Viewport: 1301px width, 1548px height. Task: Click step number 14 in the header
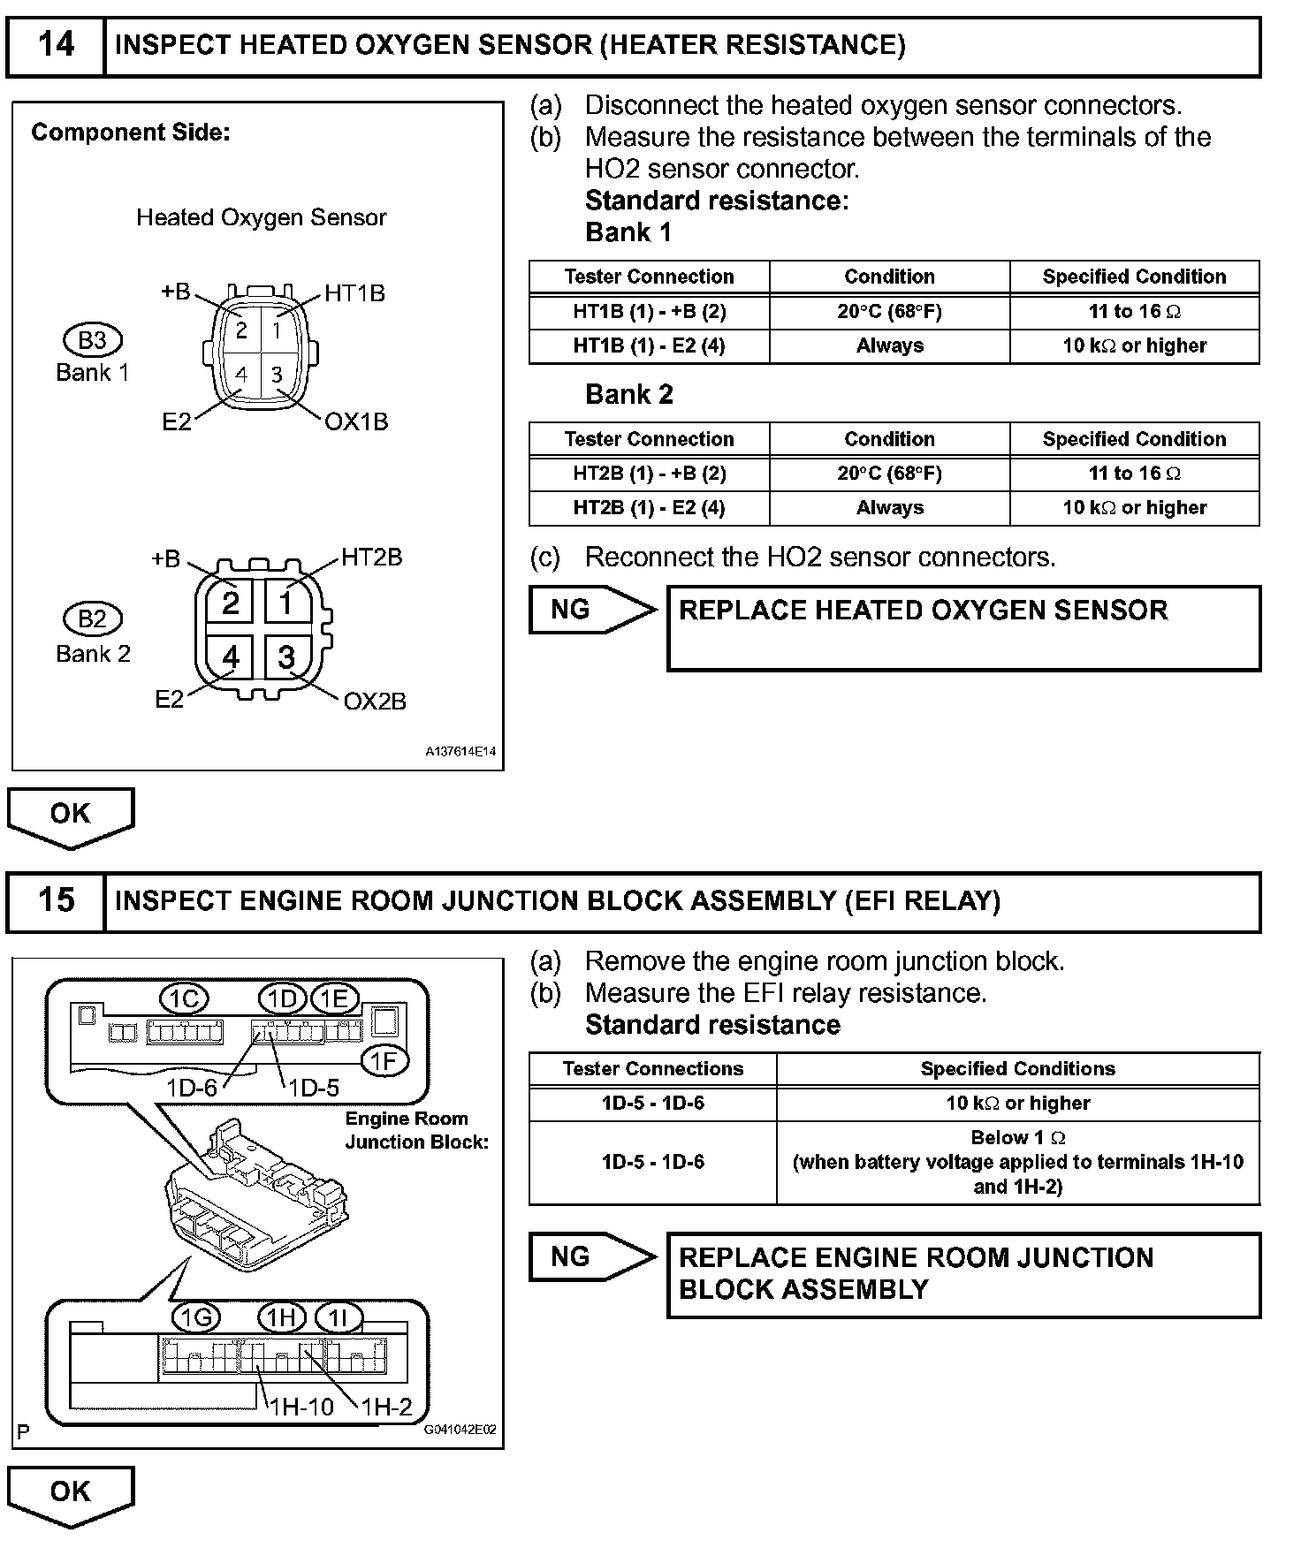click(x=56, y=44)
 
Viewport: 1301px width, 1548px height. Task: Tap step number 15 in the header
click(x=56, y=900)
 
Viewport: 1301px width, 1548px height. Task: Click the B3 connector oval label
click(x=92, y=340)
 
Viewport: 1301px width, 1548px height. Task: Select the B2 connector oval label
click(x=92, y=618)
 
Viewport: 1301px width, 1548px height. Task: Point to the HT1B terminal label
click(x=354, y=293)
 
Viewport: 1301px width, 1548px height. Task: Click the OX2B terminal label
click(x=375, y=702)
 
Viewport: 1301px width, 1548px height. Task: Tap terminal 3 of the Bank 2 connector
click(x=286, y=657)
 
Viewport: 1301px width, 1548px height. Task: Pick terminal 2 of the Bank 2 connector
click(x=231, y=603)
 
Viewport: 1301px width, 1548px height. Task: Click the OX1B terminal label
click(x=356, y=422)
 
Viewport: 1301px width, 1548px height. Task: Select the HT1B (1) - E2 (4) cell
click(x=649, y=345)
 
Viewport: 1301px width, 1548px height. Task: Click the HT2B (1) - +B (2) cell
click(x=649, y=474)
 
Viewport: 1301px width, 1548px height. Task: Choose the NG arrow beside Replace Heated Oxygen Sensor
click(x=592, y=610)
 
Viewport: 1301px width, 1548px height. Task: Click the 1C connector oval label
click(x=184, y=999)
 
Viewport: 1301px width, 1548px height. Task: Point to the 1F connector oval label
click(x=384, y=1061)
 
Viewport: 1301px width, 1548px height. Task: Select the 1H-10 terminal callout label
click(x=301, y=1408)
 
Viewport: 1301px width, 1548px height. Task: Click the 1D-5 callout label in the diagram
click(x=314, y=1088)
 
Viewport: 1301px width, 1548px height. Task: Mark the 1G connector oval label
click(x=196, y=1319)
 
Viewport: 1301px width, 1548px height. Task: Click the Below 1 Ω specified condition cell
click(x=1017, y=1162)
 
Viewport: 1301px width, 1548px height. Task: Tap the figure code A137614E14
click(x=460, y=753)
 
